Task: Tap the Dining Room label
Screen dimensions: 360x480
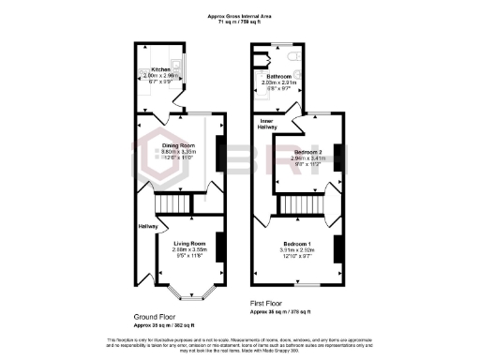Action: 177,145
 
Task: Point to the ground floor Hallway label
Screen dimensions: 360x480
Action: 147,226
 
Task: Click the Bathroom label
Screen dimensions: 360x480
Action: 277,75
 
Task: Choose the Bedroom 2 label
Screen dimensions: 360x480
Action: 307,151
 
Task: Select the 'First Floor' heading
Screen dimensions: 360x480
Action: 266,304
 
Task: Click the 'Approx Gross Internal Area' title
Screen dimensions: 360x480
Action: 240,15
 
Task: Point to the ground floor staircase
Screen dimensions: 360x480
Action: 172,203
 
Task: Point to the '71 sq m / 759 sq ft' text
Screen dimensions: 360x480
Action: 240,22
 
